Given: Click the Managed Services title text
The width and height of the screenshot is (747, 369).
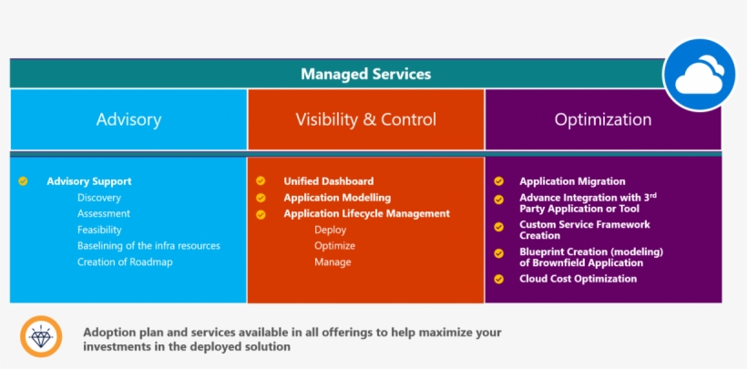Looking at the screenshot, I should (365, 74).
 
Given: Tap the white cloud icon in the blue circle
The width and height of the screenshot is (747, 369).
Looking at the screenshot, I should (699, 76).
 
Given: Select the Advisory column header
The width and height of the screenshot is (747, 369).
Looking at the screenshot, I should (128, 119).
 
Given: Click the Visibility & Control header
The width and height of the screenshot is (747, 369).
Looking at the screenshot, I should (365, 119).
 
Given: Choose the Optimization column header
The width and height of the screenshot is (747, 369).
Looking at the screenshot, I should (603, 119).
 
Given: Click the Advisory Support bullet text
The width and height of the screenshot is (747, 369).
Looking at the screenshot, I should (89, 181).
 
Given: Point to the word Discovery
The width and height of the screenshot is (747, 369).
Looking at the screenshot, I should (99, 198).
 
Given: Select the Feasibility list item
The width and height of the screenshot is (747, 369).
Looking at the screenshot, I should (99, 230).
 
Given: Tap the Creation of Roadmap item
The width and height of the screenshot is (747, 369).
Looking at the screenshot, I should (125, 262).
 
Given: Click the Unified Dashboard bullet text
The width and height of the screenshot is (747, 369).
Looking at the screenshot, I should (328, 181).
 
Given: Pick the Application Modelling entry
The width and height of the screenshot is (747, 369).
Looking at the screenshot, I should (337, 198).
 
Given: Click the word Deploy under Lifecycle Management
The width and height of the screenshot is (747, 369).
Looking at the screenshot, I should (330, 230).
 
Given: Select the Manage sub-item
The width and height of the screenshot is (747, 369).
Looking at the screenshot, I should (333, 262).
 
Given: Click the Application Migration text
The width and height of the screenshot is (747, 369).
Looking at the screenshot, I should (572, 181).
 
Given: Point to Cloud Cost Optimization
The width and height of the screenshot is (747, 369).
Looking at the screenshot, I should (578, 279).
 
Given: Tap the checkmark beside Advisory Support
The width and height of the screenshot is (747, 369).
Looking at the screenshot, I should (24, 181).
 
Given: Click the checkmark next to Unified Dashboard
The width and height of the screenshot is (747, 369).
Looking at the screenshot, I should (261, 181).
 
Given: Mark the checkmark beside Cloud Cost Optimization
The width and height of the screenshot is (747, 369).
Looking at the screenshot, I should (498, 279).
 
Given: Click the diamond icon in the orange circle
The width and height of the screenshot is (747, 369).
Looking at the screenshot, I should (41, 337).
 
